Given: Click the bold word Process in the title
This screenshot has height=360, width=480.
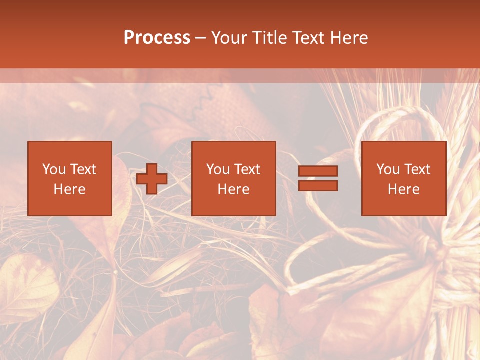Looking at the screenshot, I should (x=157, y=38).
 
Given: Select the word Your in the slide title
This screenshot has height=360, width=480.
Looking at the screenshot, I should (x=230, y=38).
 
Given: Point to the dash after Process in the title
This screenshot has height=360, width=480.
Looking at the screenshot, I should (x=200, y=38).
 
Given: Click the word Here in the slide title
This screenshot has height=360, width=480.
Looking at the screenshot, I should (x=348, y=38).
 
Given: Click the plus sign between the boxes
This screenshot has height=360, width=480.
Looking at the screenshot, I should (x=152, y=179).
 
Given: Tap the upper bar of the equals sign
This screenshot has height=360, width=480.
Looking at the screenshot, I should (x=318, y=171).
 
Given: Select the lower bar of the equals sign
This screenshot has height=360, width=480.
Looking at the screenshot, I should (x=318, y=186).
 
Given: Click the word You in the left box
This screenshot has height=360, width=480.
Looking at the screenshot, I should (x=54, y=169).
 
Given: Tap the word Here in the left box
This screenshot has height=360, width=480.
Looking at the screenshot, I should (x=69, y=189).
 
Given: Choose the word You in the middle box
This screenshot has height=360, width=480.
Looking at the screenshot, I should (x=218, y=169).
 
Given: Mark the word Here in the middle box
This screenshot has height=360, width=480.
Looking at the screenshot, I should (x=233, y=189).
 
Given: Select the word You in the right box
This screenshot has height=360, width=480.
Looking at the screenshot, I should (x=388, y=169).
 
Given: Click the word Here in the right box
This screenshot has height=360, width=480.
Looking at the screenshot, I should (x=403, y=189).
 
